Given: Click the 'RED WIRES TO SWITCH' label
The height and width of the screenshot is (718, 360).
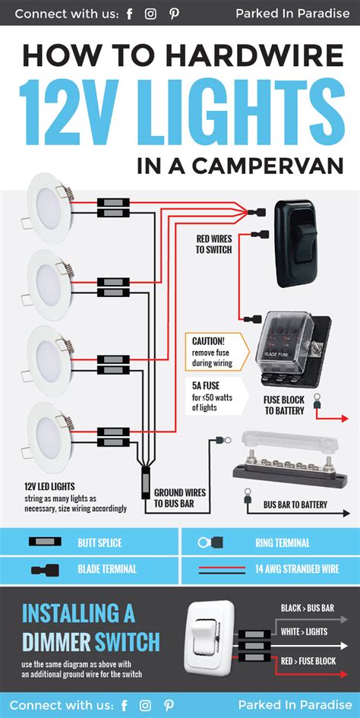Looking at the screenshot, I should [x=213, y=243].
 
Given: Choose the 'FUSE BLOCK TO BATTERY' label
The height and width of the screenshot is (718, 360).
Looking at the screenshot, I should [x=284, y=406].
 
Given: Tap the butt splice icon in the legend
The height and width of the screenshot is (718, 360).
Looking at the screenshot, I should [x=46, y=543].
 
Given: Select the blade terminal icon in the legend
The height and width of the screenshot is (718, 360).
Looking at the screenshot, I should [x=46, y=569].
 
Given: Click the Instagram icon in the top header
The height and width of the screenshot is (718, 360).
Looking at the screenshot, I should [x=150, y=14].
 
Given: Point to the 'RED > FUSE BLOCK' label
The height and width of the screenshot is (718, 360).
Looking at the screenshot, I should [x=308, y=661].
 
